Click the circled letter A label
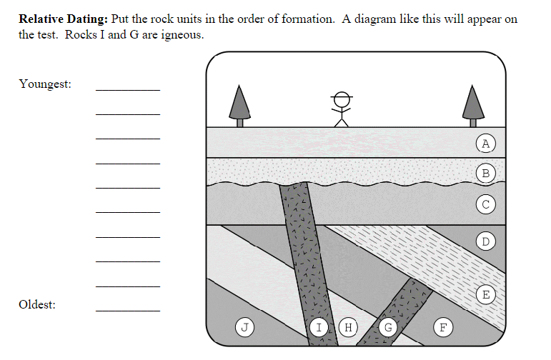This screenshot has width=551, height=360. [x=485, y=144]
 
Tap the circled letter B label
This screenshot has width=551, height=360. [x=486, y=172]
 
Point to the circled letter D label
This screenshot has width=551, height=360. [x=486, y=241]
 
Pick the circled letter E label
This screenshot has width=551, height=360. [x=486, y=294]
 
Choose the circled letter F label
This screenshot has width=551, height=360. [x=443, y=328]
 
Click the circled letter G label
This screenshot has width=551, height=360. [x=388, y=328]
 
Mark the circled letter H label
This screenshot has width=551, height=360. [x=349, y=328]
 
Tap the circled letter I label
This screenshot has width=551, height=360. [x=319, y=328]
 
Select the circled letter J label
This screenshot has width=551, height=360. [x=245, y=327]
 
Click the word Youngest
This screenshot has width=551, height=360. [x=45, y=84]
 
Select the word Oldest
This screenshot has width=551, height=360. [x=37, y=305]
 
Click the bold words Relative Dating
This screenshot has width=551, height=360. [x=63, y=19]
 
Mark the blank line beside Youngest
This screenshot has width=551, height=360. [x=128, y=90]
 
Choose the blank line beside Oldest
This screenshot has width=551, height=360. [x=128, y=311]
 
